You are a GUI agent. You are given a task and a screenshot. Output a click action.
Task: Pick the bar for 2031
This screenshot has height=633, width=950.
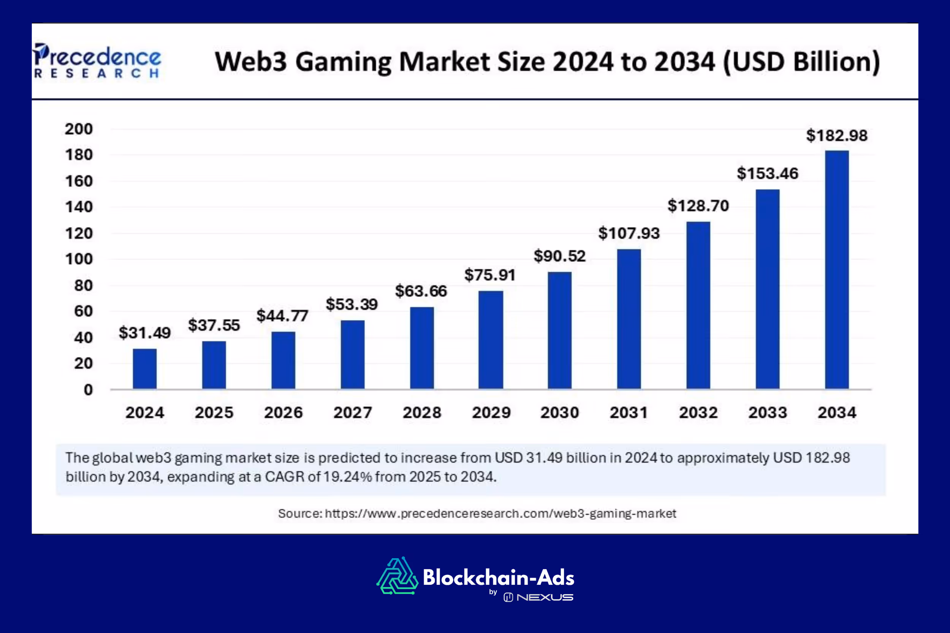pos(629,319)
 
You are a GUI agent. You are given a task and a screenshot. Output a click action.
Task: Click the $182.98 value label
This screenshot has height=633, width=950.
pos(836,136)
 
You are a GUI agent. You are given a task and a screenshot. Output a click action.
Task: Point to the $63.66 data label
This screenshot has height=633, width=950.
pos(421,291)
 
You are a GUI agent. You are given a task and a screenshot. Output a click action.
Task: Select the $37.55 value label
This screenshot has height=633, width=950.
pos(214,325)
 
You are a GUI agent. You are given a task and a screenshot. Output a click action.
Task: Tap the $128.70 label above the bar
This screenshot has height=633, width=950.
pos(698,206)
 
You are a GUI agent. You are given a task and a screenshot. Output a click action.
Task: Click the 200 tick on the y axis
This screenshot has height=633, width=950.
pos(79,129)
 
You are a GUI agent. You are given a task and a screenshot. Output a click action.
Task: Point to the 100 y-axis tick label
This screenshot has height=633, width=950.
pos(79,259)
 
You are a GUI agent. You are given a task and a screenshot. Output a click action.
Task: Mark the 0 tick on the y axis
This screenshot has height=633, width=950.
pos(88,390)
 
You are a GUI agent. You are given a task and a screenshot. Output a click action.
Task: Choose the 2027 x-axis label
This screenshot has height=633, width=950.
pos(352,413)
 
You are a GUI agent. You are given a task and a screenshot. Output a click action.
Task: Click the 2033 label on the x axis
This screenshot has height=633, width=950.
pos(768,413)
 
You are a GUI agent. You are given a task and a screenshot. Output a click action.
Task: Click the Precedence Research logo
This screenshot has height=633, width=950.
pos(97,60)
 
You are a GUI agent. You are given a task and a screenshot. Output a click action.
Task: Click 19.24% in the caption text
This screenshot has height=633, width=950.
pos(347,477)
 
